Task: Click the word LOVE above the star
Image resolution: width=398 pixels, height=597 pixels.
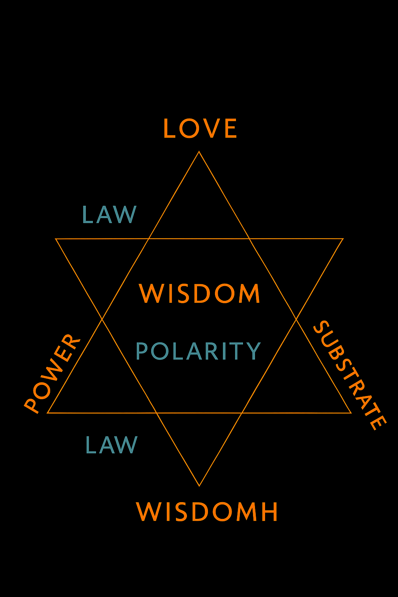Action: coord(200,129)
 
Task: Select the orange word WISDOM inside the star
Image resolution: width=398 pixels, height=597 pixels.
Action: coord(200,294)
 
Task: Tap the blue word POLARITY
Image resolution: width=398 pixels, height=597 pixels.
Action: coord(198,351)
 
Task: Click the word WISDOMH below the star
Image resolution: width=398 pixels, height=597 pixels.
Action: coord(207,511)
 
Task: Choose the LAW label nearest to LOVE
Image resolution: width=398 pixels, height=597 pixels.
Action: coord(110,215)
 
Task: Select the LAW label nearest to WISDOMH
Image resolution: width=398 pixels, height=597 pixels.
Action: coord(112,445)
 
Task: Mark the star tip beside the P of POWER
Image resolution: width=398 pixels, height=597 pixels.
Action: coord(47,413)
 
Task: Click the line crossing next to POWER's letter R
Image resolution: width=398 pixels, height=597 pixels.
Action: coord(102,319)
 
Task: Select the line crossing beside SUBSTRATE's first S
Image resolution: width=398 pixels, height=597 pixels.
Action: coord(296,319)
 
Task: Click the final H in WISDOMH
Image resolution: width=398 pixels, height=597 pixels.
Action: coord(269,511)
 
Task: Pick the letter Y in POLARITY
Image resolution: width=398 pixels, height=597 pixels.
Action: coord(253,351)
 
